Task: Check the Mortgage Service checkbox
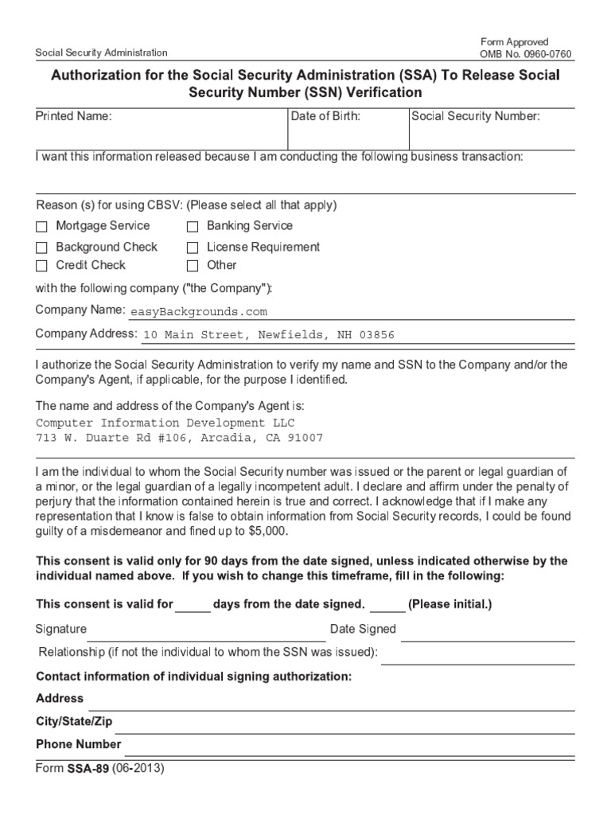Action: pos(41,227)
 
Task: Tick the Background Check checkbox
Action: pos(41,248)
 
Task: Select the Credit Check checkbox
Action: pos(41,266)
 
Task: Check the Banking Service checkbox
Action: pos(193,227)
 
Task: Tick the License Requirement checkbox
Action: pos(193,248)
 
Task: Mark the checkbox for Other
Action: pos(193,266)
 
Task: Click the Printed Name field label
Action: pos(74,116)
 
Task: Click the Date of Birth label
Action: pos(325,116)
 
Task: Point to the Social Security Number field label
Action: pos(476,116)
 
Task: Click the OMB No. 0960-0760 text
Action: pos(525,54)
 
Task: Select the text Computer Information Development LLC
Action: pos(165,423)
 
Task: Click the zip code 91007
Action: pos(305,439)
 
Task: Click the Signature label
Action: pos(61,629)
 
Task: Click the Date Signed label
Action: pos(363,629)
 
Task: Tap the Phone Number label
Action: pos(79,744)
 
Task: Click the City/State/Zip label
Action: pos(75,721)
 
